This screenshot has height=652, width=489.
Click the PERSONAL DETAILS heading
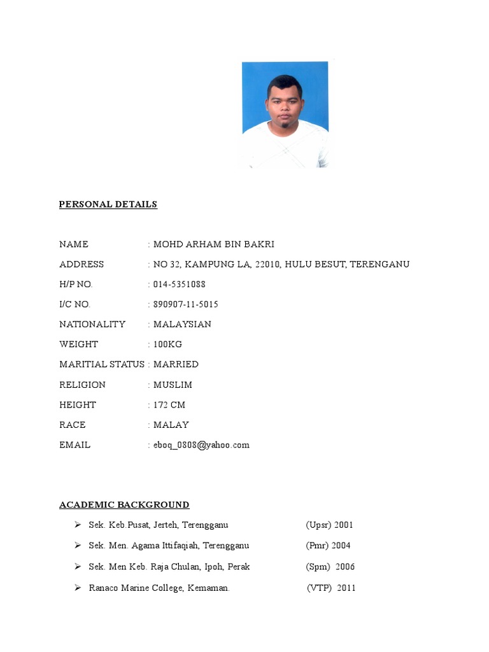[108, 204]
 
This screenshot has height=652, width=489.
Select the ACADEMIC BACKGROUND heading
[124, 505]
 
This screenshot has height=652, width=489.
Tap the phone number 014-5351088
[180, 284]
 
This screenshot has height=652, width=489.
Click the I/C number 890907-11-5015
[186, 304]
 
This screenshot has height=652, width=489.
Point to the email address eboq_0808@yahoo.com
[201, 445]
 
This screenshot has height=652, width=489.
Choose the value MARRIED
[176, 364]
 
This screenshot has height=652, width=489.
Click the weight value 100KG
[167, 344]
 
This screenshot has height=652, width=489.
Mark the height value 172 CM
[169, 405]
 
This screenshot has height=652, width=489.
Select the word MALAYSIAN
[182, 324]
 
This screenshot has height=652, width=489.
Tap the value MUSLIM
[173, 385]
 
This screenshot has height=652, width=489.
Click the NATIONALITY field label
[92, 324]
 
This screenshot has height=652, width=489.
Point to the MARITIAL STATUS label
[102, 364]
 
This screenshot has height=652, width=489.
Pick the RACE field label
[72, 425]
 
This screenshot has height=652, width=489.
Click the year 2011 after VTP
[346, 588]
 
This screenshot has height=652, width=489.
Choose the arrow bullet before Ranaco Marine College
[77, 588]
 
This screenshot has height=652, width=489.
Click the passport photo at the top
[285, 115]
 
